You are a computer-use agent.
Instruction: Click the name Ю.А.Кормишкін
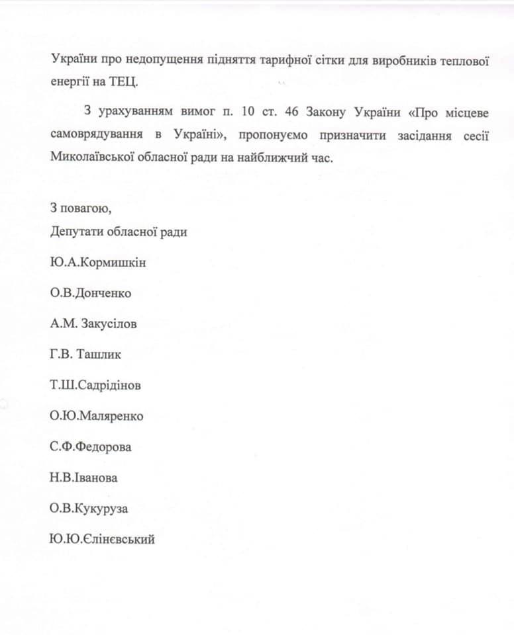click(98, 263)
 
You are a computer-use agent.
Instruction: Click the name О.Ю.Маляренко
click(96, 416)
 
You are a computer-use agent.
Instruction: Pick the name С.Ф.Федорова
click(90, 447)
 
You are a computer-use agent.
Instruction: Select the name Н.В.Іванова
click(83, 478)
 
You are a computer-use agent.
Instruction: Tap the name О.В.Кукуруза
click(91, 509)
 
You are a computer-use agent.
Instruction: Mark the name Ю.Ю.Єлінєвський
click(102, 540)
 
